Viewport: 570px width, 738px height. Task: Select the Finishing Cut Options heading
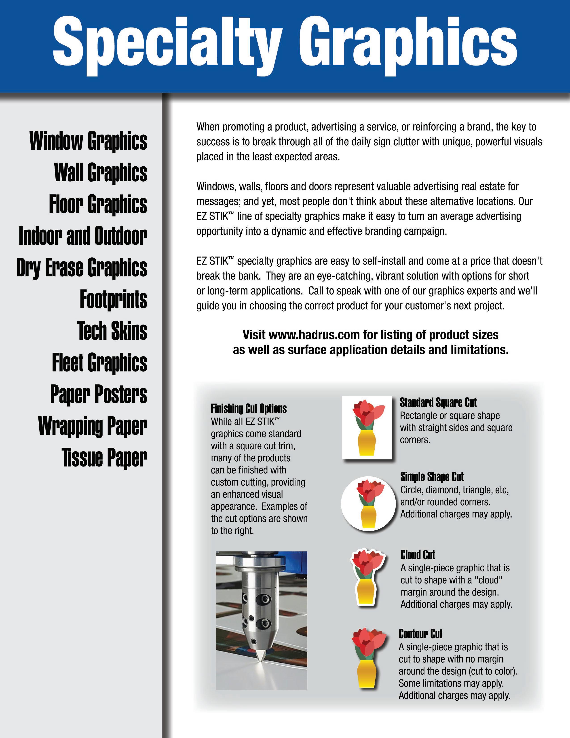(249, 409)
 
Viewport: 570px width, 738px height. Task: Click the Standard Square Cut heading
(438, 403)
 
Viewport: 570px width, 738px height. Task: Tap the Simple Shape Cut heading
(432, 477)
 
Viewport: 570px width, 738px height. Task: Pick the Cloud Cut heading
(418, 555)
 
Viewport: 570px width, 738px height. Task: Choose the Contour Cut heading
(420, 634)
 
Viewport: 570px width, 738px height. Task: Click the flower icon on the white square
(367, 427)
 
